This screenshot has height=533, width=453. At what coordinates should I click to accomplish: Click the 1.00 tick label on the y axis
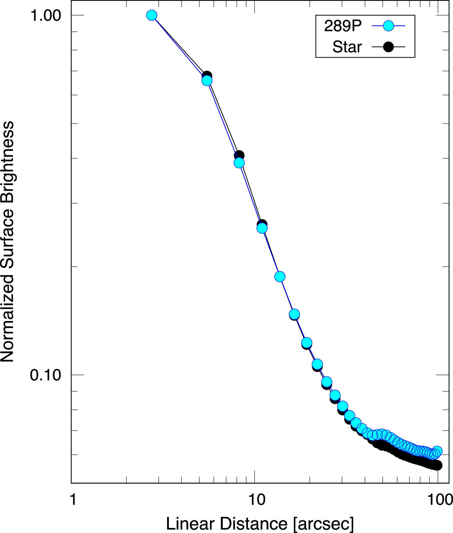pos(46,15)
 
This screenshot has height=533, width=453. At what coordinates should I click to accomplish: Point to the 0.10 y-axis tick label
pos(46,375)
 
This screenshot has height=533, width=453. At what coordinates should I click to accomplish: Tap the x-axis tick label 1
pos(73,500)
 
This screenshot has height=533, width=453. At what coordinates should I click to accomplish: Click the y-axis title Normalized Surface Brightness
pos(7,242)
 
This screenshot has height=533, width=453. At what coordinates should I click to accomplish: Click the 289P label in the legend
pos(343,26)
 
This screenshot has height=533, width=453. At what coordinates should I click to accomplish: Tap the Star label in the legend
pos(347,47)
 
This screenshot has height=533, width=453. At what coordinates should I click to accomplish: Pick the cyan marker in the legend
pos(388,26)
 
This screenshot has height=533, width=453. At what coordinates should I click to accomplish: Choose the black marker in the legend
pos(388,47)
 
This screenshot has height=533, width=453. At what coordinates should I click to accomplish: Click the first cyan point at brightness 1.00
pos(152,15)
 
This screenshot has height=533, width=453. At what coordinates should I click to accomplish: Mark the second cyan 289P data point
pos(207,81)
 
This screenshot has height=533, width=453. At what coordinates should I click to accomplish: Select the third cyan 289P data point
pos(239,163)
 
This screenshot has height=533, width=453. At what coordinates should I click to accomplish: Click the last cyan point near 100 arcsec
pos(437,451)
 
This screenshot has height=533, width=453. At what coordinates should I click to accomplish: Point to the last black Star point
pos(437,465)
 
